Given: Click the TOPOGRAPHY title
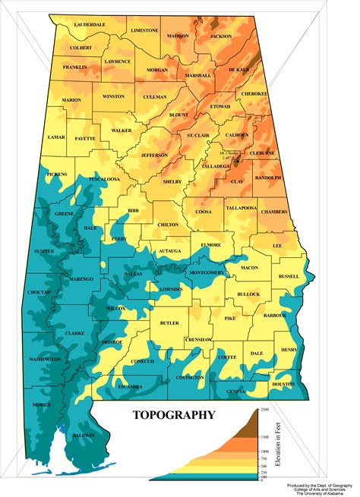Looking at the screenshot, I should click(174, 414).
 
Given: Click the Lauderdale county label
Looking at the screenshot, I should click(90, 25).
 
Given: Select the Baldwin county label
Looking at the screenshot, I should click(84, 436).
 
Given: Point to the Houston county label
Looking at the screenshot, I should click(283, 384).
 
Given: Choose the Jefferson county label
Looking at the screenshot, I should click(153, 155).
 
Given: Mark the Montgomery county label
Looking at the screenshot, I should click(206, 272).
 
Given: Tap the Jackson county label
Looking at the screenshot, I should click(221, 36).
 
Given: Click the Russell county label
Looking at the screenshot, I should click(289, 276).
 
